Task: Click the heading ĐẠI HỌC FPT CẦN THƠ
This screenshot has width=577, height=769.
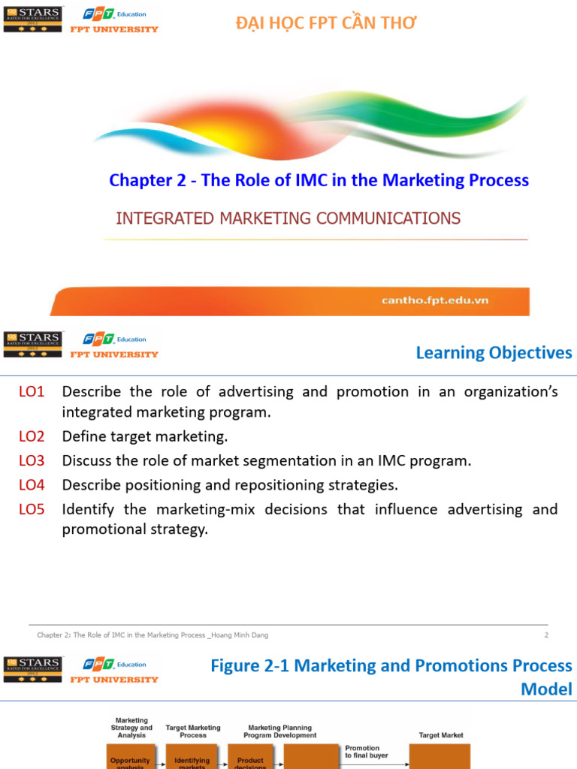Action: pos(326,23)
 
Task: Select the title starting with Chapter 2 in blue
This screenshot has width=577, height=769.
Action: pos(319,180)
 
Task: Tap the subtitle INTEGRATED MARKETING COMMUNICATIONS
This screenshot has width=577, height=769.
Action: pos(288,219)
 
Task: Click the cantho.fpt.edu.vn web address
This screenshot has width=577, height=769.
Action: pos(435,300)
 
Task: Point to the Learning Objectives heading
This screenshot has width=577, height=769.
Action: pos(494,352)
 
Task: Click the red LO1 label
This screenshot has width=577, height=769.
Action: pos(32,392)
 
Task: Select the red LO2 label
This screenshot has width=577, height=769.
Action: pos(32,436)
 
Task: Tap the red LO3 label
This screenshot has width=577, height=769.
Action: pos(32,460)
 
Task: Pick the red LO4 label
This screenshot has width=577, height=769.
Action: pos(32,484)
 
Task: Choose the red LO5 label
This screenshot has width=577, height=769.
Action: pos(32,509)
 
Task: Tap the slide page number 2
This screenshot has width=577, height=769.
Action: pos(546,635)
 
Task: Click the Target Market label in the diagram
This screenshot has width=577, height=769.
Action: pos(440,735)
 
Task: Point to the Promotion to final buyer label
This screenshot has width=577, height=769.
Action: pos(362,751)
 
